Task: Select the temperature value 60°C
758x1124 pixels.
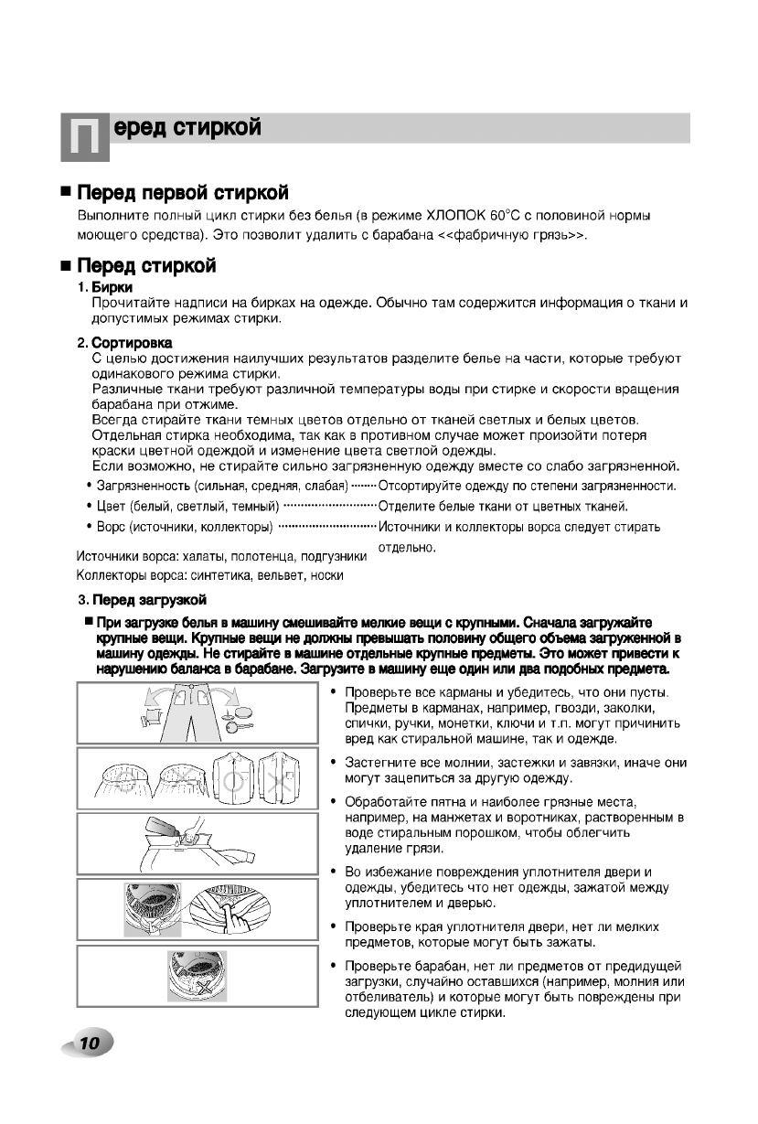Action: click(518, 216)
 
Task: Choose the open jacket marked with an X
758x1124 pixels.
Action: click(274, 776)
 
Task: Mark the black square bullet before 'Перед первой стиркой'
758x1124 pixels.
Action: click(65, 194)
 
